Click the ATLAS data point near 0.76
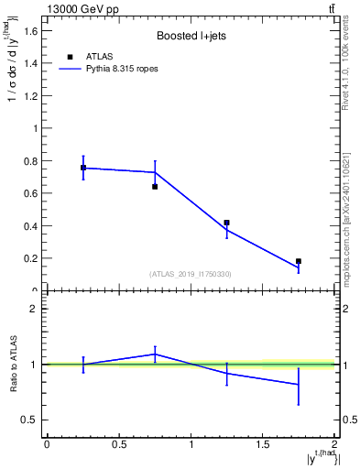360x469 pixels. coord(83,168)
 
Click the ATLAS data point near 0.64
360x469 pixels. coord(155,187)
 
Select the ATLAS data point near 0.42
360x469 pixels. coord(226,223)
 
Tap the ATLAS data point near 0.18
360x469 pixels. coord(299,261)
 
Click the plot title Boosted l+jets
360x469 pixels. coord(191,37)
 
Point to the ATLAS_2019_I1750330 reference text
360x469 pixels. coord(191,274)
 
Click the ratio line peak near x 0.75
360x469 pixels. coord(155,354)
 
